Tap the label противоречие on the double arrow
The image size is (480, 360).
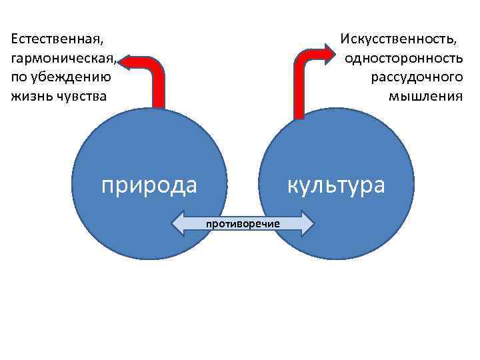tap(243, 223)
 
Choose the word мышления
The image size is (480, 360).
tap(425, 97)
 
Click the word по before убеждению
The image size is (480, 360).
tap(19, 77)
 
